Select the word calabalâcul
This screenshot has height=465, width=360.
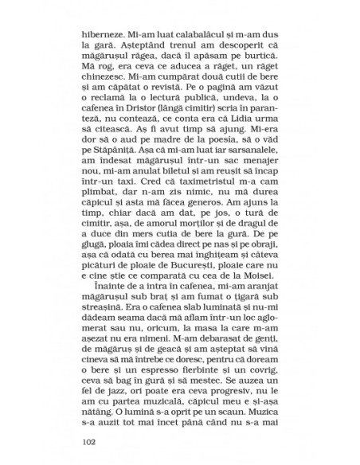coord(215,36)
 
